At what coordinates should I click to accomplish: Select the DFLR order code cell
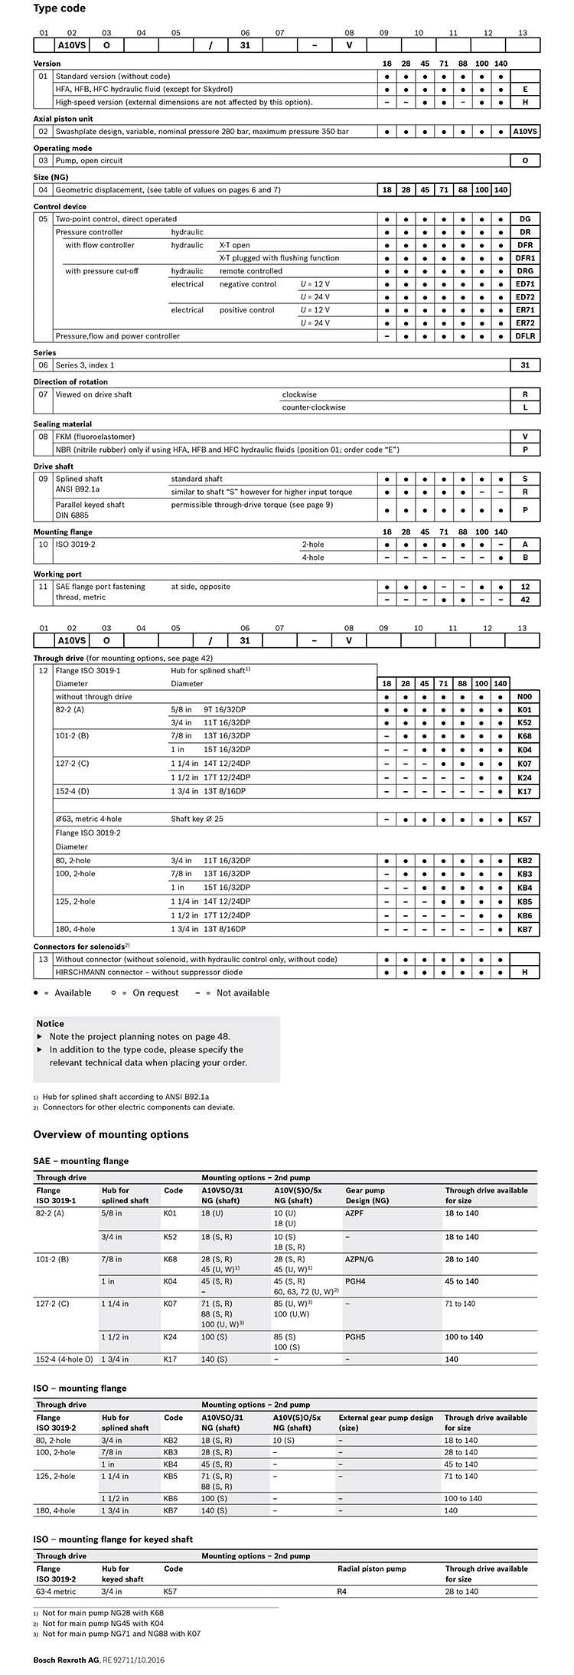tap(525, 336)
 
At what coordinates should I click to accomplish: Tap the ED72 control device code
tap(525, 297)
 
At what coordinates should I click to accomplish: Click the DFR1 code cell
tap(525, 258)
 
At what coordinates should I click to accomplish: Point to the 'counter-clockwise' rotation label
tap(314, 407)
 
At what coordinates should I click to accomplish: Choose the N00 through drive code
tap(525, 697)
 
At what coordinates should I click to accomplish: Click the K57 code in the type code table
tap(525, 820)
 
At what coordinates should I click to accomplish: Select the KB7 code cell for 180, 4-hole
tap(525, 929)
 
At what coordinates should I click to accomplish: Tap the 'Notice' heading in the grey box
tap(51, 1023)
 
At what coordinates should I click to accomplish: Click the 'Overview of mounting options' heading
tap(111, 1134)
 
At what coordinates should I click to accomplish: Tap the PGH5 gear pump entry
tap(356, 1337)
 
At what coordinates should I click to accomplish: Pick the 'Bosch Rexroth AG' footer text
tap(67, 1660)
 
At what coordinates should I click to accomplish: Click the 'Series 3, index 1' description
tap(85, 365)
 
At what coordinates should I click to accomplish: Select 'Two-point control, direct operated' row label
tap(116, 219)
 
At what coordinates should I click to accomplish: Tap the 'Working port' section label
tap(57, 574)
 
